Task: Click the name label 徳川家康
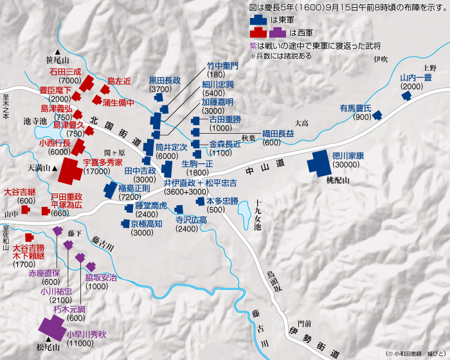(x=348, y=155)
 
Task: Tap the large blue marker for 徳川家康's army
(x=319, y=163)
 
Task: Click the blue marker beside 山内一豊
(x=406, y=96)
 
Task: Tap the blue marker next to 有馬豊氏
(x=377, y=115)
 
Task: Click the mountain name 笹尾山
(x=57, y=42)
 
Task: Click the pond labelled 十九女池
(x=247, y=219)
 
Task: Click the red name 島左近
(x=119, y=81)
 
